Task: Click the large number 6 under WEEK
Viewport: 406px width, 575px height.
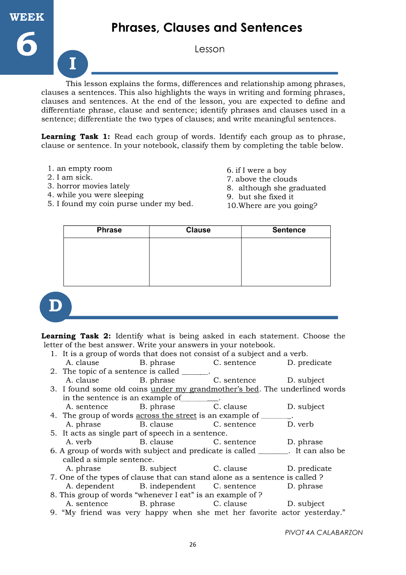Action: (x=27, y=45)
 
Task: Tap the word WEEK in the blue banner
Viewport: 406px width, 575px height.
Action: (x=27, y=17)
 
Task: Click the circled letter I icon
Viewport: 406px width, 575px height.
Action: (x=73, y=63)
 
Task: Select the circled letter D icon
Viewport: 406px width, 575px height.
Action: (x=56, y=306)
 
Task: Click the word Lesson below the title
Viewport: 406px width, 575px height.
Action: (x=209, y=49)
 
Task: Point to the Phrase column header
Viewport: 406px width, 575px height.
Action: (x=109, y=230)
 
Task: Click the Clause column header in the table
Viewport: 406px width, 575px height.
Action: (x=198, y=230)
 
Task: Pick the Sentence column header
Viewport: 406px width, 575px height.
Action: (x=289, y=230)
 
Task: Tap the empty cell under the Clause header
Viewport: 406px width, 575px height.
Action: (x=195, y=262)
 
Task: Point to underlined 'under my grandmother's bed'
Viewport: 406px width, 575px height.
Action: (x=204, y=389)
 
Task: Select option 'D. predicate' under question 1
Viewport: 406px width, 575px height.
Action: (x=309, y=363)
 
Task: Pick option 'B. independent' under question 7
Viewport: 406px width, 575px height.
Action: (x=167, y=486)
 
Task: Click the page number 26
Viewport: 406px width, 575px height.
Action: (x=193, y=545)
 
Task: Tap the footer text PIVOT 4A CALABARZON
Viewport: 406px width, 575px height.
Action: (x=323, y=533)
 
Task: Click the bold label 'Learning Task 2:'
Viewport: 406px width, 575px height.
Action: (x=76, y=336)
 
